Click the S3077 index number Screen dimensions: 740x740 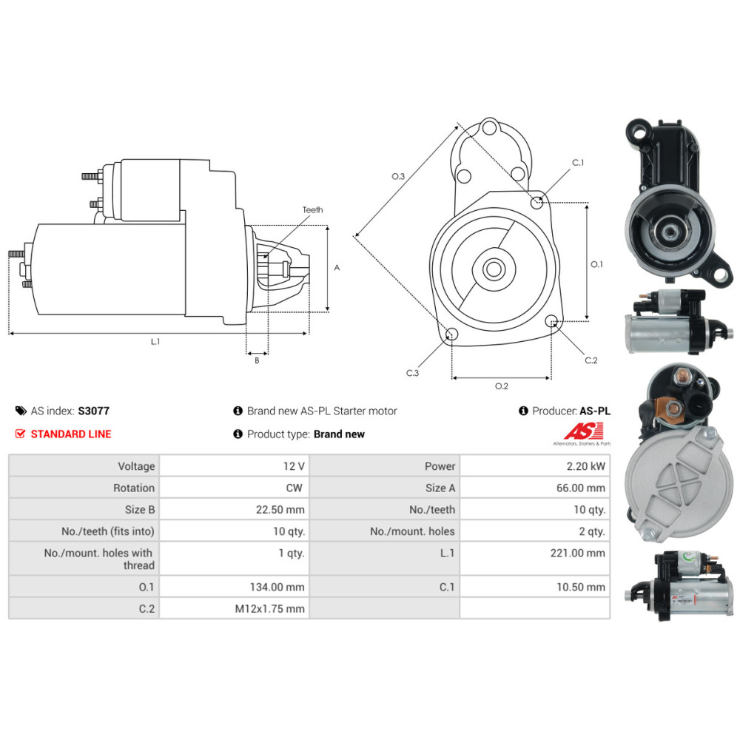pos(93,411)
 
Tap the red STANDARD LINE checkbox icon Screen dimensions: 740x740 pos(20,434)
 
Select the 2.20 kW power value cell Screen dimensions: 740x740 pos(535,466)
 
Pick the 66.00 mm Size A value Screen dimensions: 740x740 pos(580,488)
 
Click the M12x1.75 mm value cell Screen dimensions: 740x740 pos(234,609)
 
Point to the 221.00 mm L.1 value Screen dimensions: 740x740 pos(578,553)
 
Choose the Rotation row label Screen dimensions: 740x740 pos(133,488)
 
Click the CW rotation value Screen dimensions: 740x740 pos(294,488)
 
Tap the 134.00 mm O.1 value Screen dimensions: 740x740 pos(277,587)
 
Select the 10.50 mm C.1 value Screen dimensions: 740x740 pos(580,587)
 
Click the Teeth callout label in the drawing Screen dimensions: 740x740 pos(312,209)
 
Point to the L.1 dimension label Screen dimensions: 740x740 pos(155,341)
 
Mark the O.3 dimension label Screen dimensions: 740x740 pos(398,176)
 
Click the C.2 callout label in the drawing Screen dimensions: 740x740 pos(591,360)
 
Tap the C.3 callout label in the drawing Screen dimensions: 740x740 pos(412,373)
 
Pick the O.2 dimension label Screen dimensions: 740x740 pos(502,386)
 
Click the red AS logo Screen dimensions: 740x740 pos(584,431)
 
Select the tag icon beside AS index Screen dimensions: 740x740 pos(21,411)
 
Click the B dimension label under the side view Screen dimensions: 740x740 pos(257,360)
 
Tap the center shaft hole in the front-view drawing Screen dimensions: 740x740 pos(494,269)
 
